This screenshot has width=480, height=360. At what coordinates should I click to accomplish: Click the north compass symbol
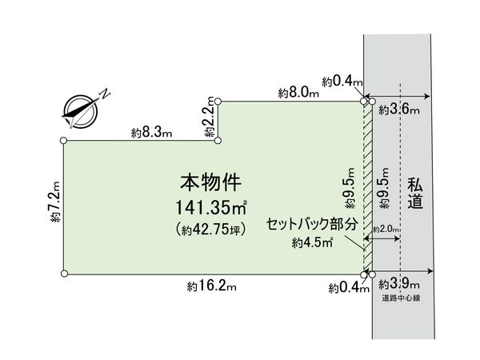coord(80,112)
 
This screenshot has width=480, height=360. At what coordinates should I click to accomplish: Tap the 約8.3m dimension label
coord(152,133)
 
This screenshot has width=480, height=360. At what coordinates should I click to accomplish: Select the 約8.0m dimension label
coord(298,93)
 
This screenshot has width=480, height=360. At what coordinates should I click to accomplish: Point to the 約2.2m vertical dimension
coord(210,117)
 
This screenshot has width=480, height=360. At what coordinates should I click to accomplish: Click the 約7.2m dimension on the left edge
coord(55,202)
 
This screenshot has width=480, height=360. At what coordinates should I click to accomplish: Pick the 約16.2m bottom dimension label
coord(212,286)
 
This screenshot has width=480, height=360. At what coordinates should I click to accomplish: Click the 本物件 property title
coord(210,182)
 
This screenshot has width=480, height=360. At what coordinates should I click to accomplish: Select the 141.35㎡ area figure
coord(211,207)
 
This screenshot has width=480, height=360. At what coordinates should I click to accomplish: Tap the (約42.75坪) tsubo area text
coord(211,230)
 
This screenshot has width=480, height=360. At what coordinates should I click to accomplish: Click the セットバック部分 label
coord(312,224)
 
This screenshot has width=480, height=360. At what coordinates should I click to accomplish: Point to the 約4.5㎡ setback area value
coord(313,242)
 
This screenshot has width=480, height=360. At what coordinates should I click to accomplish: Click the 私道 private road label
coord(415,194)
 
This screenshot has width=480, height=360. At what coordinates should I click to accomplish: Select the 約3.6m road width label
coord(399,110)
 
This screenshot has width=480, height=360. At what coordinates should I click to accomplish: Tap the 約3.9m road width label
coord(399,284)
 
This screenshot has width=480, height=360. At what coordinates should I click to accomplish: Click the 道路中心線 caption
coord(401,298)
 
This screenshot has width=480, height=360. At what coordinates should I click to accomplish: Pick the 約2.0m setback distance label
coord(386,229)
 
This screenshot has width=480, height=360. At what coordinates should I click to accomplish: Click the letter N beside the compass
coord(106,94)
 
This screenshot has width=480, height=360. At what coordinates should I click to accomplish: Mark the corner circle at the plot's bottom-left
coord(64,274)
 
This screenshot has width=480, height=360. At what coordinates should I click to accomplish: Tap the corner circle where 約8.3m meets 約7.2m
coord(63,141)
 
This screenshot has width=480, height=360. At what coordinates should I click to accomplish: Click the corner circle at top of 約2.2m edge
coord(218,101)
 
